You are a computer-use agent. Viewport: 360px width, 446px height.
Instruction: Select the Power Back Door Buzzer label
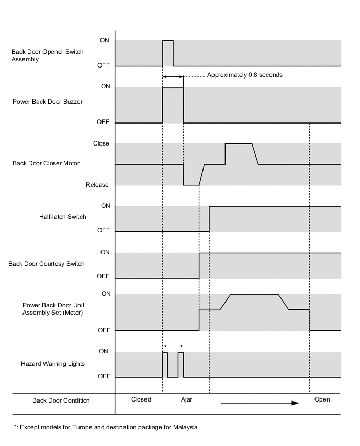(48, 102)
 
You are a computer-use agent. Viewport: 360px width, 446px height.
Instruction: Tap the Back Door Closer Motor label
(46, 164)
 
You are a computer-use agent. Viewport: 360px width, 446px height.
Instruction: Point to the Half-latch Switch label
(62, 216)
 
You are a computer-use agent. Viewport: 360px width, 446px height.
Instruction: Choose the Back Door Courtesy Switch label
(47, 264)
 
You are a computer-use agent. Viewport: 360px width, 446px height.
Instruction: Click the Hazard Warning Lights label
(53, 363)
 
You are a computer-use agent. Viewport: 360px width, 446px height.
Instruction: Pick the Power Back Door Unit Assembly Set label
(53, 309)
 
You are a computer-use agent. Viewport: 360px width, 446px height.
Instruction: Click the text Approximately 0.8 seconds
(244, 75)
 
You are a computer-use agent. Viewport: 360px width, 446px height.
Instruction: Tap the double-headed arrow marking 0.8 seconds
(173, 77)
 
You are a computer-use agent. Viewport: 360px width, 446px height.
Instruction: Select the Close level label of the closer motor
(101, 143)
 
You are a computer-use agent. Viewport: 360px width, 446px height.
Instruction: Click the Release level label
(98, 185)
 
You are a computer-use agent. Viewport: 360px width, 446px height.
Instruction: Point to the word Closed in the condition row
(141, 399)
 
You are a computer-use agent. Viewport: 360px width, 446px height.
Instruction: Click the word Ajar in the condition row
(186, 399)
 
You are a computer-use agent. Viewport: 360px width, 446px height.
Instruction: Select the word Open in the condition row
(322, 399)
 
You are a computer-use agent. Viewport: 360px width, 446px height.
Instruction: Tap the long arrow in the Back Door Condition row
(260, 403)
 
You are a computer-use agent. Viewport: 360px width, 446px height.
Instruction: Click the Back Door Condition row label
(61, 400)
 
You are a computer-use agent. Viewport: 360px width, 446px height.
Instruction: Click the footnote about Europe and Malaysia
(106, 427)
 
